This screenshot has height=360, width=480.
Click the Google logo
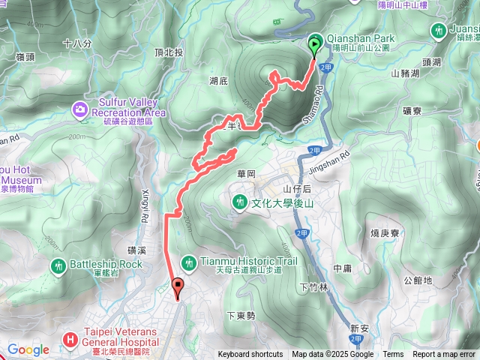pyautogui.click(x=28, y=349)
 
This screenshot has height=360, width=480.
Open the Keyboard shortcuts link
pyautogui.click(x=250, y=355)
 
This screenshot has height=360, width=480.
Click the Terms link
pyautogui.click(x=393, y=355)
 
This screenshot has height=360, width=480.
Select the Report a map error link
pyautogui.click(x=445, y=355)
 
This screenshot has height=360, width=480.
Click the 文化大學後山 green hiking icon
pyautogui.click(x=239, y=202)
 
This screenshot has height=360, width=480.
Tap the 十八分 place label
pyautogui.click(x=77, y=44)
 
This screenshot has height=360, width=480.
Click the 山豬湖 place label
pyautogui.click(x=405, y=73)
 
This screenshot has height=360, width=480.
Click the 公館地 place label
pyautogui.click(x=418, y=280)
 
